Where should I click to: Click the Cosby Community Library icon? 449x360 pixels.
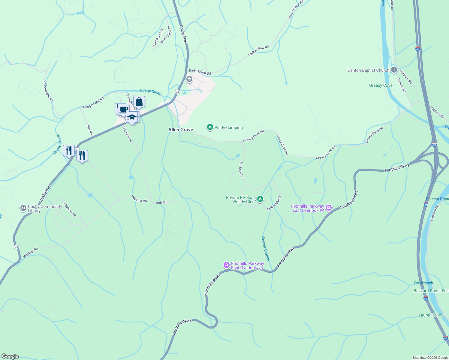click(x=23, y=208)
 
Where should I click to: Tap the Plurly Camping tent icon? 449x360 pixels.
click(x=210, y=127)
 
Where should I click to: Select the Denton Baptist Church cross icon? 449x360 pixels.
click(x=394, y=70)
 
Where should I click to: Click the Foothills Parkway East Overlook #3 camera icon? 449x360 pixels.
click(x=227, y=265)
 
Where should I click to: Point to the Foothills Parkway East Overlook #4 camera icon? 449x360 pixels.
click(x=329, y=208)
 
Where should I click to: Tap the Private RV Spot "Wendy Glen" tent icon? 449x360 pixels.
click(x=260, y=199)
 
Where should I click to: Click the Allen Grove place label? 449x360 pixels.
click(x=181, y=130)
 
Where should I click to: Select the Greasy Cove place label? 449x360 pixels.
click(x=381, y=85)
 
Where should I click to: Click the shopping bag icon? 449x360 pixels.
click(x=139, y=102)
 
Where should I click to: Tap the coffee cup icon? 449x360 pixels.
click(x=123, y=109)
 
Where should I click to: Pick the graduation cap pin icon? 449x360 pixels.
click(x=132, y=117)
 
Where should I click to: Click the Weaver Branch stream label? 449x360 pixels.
click(x=266, y=248)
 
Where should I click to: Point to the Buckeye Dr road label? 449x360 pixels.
click(x=241, y=170)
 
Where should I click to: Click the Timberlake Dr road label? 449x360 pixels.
click(x=274, y=203)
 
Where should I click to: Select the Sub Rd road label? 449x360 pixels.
click(x=161, y=202)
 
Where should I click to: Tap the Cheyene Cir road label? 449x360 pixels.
click(x=70, y=210)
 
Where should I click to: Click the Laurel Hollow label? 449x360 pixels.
click(x=431, y=315)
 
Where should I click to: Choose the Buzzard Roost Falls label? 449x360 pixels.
click(x=431, y=291)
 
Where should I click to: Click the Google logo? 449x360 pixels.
click(x=10, y=356)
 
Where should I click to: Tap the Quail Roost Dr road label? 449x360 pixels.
click(x=158, y=38)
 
